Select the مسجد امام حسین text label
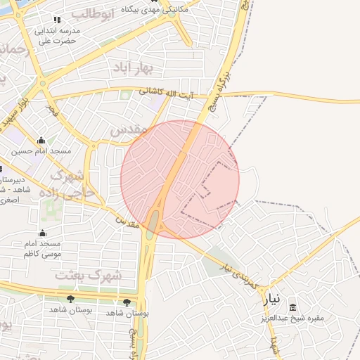(41, 151)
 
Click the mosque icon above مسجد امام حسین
(41, 140)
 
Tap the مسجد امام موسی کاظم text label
(44, 248)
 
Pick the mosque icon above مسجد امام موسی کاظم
(43, 233)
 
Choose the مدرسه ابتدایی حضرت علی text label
(57, 36)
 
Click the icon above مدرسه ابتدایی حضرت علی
(57, 20)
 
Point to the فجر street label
(51, 109)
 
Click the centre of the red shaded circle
(180, 179)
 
